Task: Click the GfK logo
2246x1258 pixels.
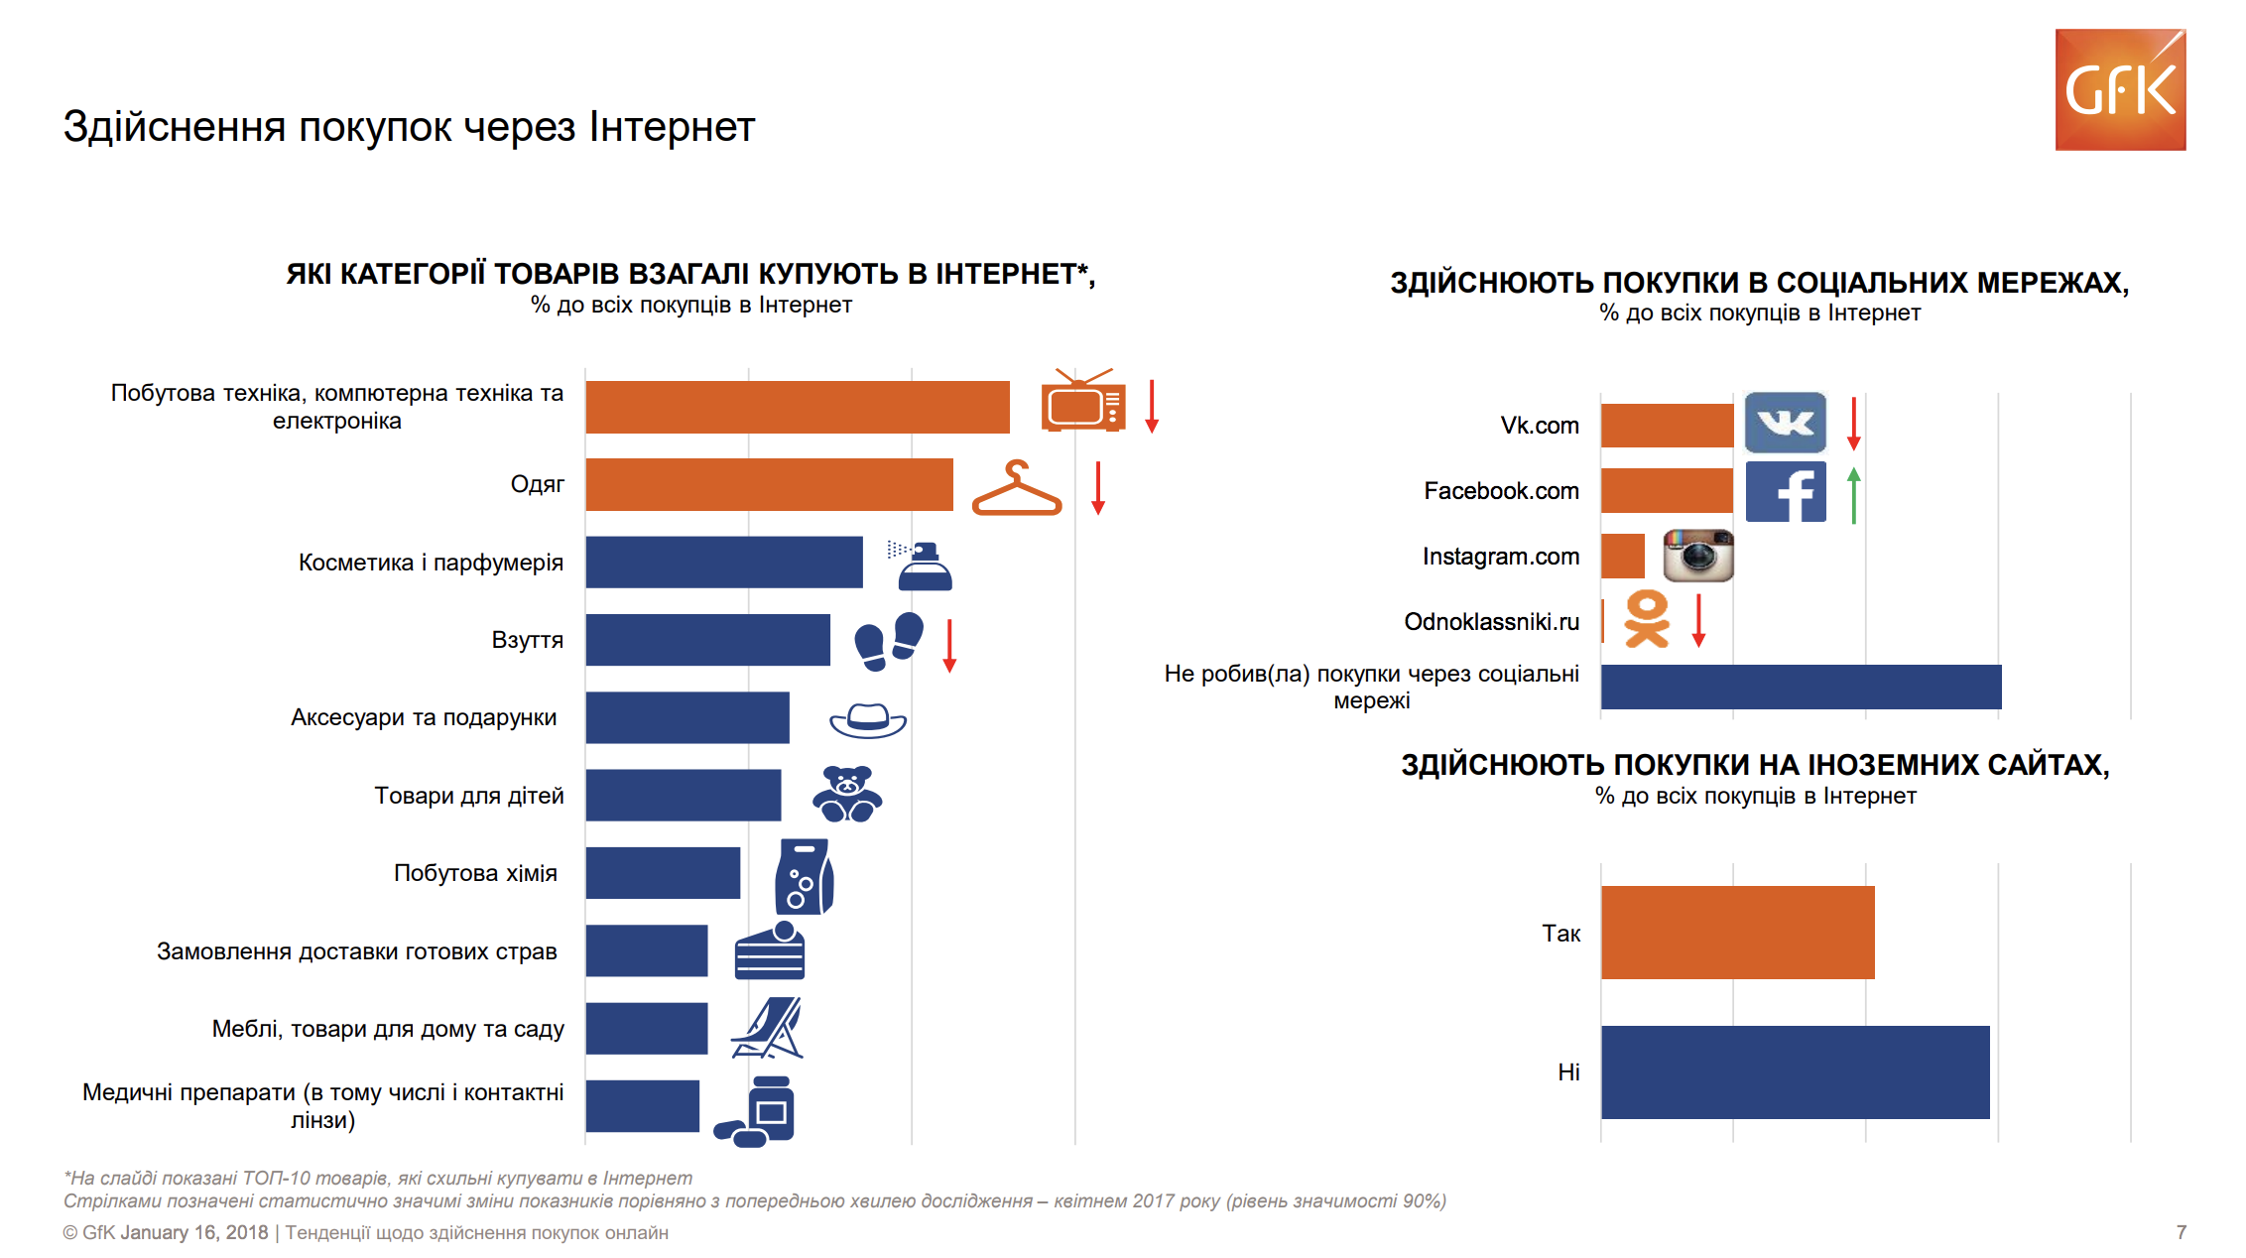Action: (2120, 90)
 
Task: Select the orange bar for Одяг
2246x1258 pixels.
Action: (769, 484)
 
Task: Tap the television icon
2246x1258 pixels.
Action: (1083, 402)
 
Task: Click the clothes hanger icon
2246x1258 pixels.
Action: (1017, 488)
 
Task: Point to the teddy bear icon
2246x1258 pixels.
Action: (847, 795)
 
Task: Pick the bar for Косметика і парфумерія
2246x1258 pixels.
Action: (724, 563)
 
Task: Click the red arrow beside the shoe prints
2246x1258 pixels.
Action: (949, 645)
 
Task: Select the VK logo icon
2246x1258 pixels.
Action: (1785, 424)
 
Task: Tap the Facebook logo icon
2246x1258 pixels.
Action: (1785, 491)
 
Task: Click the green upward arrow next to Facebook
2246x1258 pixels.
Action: (1853, 494)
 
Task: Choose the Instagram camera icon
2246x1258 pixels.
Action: (1697, 556)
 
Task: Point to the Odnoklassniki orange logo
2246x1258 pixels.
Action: (1647, 620)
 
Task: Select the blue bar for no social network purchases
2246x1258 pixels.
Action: (1801, 687)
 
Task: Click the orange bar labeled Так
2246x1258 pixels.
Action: (1737, 933)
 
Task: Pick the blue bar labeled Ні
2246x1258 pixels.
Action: (1795, 1071)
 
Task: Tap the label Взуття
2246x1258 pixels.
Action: (527, 640)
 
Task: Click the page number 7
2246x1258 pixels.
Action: (2181, 1232)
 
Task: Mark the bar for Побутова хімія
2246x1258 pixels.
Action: (663, 873)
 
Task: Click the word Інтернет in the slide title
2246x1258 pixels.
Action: (672, 127)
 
